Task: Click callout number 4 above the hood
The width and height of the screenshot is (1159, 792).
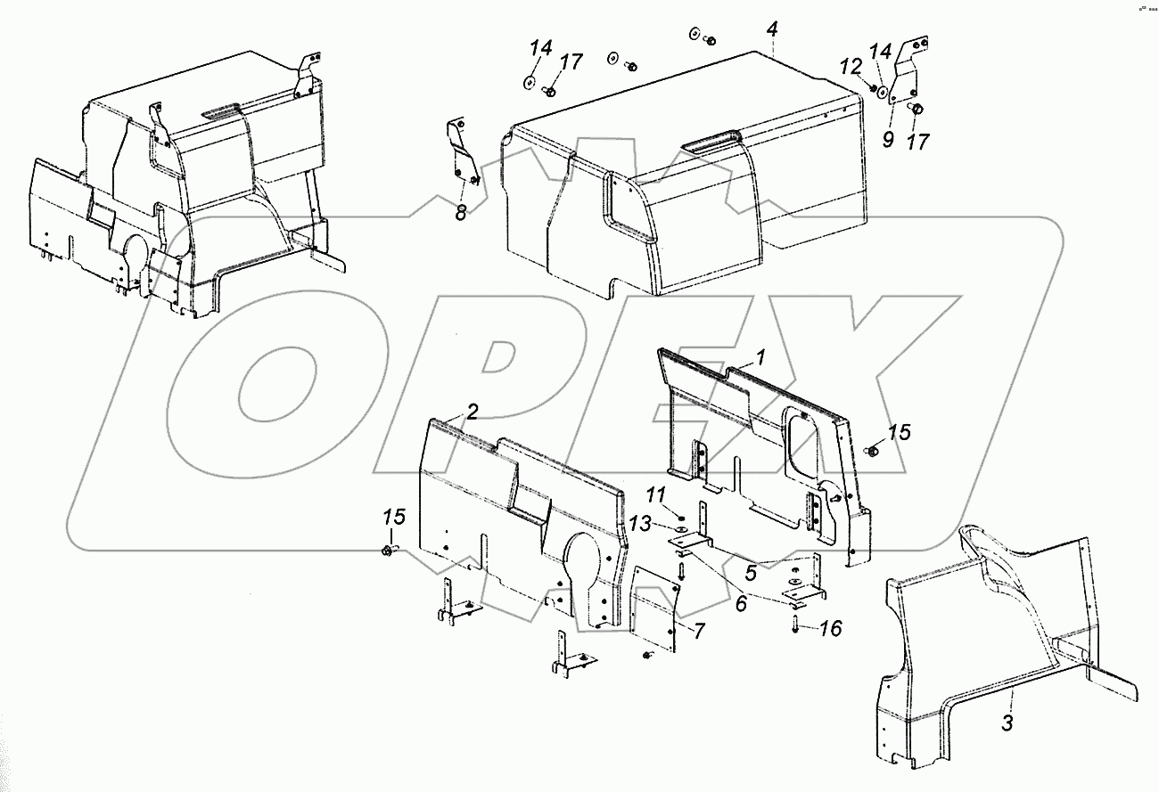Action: pyautogui.click(x=772, y=29)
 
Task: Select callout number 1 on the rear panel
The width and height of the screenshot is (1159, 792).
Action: pyautogui.click(x=760, y=357)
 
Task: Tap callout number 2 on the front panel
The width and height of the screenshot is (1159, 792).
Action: pyautogui.click(x=473, y=412)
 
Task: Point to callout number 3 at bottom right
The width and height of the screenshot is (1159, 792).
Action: pyautogui.click(x=1007, y=723)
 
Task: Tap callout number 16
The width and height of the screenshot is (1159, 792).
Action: pyautogui.click(x=830, y=629)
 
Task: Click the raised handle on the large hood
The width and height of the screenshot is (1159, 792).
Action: pyautogui.click(x=713, y=139)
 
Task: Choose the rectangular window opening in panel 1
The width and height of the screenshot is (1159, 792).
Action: pyautogui.click(x=803, y=443)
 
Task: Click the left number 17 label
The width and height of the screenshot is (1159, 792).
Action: pyautogui.click(x=571, y=61)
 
